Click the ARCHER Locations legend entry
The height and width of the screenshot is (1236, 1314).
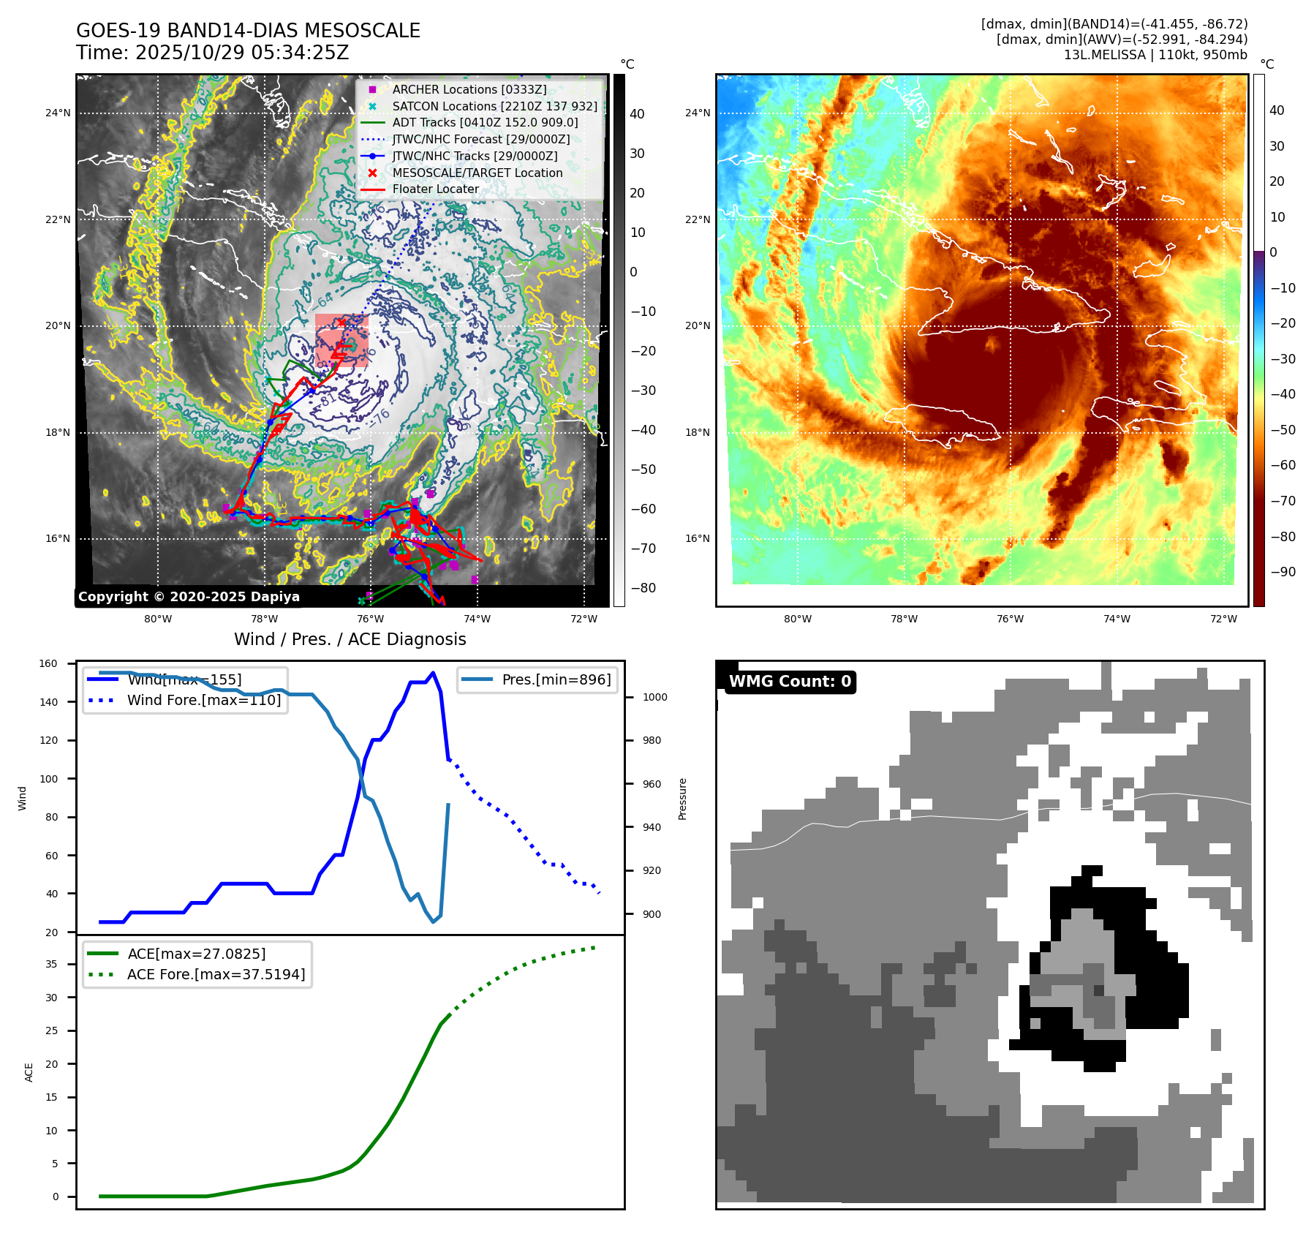pyautogui.click(x=469, y=89)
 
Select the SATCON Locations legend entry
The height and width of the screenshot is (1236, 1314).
pyautogui.click(x=494, y=106)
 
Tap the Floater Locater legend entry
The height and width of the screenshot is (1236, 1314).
pyautogui.click(x=435, y=189)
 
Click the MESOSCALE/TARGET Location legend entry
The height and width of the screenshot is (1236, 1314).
pyautogui.click(x=477, y=173)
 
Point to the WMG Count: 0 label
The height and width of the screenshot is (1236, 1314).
pyautogui.click(x=790, y=682)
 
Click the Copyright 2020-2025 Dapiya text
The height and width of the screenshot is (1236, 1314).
pyautogui.click(x=189, y=597)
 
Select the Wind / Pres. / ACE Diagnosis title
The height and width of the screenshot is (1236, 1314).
pyautogui.click(x=350, y=639)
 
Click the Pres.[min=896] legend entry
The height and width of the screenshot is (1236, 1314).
pyautogui.click(x=556, y=679)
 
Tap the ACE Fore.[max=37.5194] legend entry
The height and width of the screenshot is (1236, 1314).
pyautogui.click(x=216, y=974)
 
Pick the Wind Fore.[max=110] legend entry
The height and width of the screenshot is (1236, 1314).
pyautogui.click(x=203, y=700)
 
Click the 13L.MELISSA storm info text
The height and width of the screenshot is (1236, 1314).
pyautogui.click(x=1155, y=55)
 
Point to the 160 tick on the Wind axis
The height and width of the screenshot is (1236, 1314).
pyautogui.click(x=48, y=664)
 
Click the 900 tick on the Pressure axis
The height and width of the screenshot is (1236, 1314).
pyautogui.click(x=652, y=914)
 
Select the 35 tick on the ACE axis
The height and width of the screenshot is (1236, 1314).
pyautogui.click(x=51, y=964)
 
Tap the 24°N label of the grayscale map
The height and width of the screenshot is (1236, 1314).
pyautogui.click(x=58, y=113)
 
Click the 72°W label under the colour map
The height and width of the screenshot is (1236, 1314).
pyautogui.click(x=1223, y=619)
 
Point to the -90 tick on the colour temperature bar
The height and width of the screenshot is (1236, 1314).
pyautogui.click(x=1283, y=572)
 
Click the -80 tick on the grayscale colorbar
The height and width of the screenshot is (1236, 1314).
pyautogui.click(x=643, y=588)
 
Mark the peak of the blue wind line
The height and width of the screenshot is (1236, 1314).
pyautogui.click(x=434, y=673)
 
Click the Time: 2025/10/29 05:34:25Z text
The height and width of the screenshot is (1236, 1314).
pyautogui.click(x=212, y=53)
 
